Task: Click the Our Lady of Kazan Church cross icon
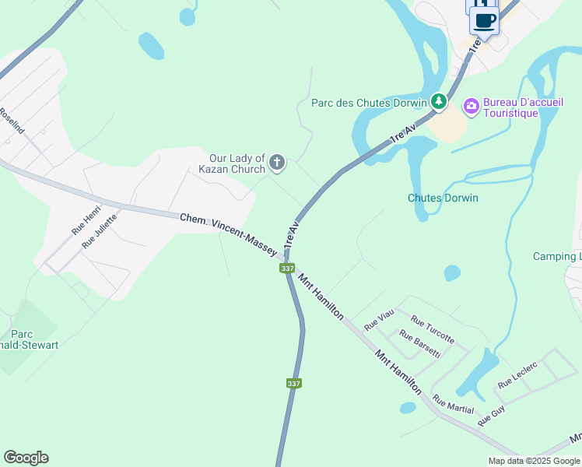click(x=277, y=163)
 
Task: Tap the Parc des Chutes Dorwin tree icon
click(x=439, y=101)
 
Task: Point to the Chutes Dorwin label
click(x=443, y=198)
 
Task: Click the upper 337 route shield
click(x=287, y=269)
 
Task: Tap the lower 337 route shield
click(x=293, y=384)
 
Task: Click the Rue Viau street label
click(x=380, y=318)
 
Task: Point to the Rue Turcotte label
click(x=433, y=330)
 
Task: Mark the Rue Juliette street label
click(x=100, y=230)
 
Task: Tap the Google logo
click(x=26, y=458)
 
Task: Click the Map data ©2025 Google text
click(x=533, y=461)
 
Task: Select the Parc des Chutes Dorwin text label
click(x=369, y=102)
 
